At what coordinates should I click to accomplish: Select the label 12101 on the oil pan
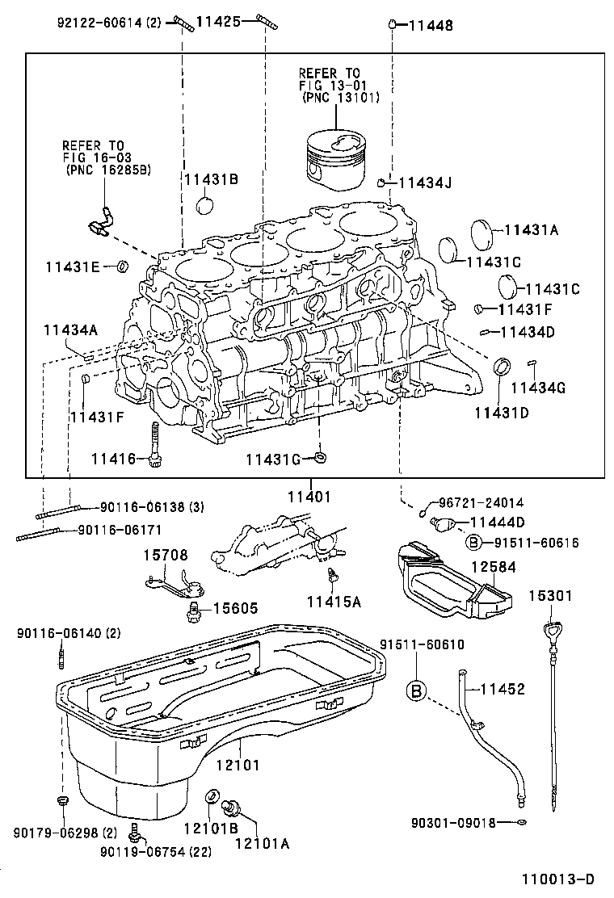(x=238, y=763)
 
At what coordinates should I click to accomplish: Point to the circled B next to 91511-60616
(x=474, y=543)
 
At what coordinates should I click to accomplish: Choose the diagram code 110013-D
(x=557, y=879)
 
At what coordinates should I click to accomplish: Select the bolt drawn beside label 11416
(x=155, y=443)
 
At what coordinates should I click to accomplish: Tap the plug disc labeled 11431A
(x=482, y=233)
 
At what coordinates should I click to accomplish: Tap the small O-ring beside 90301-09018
(x=523, y=823)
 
